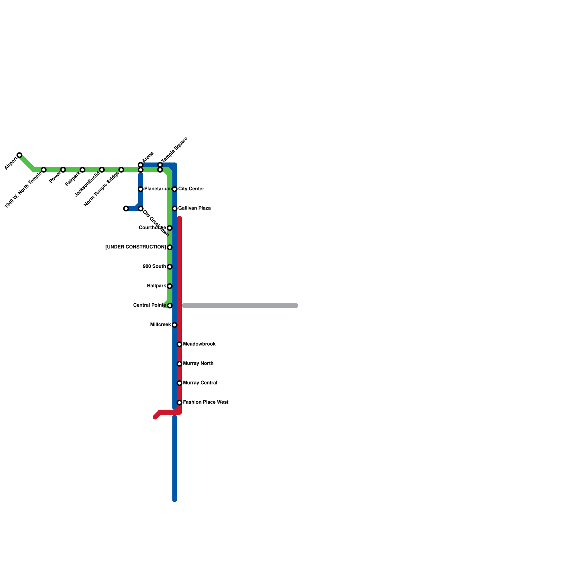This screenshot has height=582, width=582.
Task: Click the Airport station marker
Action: pyautogui.click(x=19, y=155)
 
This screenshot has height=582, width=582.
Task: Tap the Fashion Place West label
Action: pyautogui.click(x=206, y=402)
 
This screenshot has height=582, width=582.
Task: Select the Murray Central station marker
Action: pyautogui.click(x=179, y=383)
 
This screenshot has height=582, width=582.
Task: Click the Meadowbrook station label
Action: pyautogui.click(x=199, y=344)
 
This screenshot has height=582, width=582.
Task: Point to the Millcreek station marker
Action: pyautogui.click(x=175, y=325)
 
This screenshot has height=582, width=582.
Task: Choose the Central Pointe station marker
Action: pyautogui.click(x=170, y=306)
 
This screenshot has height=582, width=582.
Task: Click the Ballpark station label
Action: pyautogui.click(x=157, y=286)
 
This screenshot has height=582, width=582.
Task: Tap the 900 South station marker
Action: pyautogui.click(x=170, y=267)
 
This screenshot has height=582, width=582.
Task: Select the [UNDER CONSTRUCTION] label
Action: pyautogui.click(x=136, y=247)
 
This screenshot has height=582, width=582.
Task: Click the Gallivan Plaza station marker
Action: pyautogui.click(x=175, y=209)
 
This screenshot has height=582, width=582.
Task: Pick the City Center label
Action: pyautogui.click(x=191, y=189)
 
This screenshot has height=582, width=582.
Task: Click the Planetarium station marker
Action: pyautogui.click(x=140, y=189)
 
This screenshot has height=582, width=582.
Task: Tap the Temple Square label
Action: pyautogui.click(x=174, y=150)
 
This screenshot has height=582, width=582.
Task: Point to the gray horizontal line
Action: pyautogui.click(x=240, y=306)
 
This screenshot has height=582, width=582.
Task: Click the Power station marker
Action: pyautogui.click(x=63, y=170)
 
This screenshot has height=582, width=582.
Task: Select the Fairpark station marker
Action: pyautogui.click(x=83, y=170)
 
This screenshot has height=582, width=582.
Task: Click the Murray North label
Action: pyautogui.click(x=198, y=364)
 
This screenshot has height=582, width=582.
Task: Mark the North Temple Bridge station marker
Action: pyautogui.click(x=121, y=170)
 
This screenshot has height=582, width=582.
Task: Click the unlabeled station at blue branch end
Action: pyautogui.click(x=126, y=209)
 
